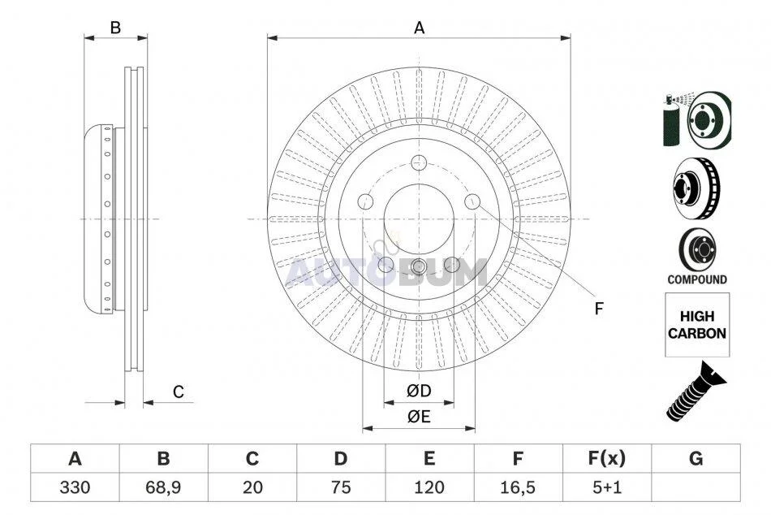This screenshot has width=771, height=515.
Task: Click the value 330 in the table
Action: (x=75, y=487)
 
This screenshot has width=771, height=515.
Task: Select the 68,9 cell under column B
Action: (x=163, y=487)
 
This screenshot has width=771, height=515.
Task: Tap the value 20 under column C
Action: (x=252, y=487)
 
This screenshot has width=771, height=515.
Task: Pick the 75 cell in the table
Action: (x=340, y=487)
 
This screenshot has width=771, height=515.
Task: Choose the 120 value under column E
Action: (x=429, y=487)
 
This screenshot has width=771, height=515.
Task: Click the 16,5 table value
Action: (x=518, y=487)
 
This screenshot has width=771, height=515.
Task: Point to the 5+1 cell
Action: (x=607, y=487)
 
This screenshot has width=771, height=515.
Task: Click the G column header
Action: (x=696, y=459)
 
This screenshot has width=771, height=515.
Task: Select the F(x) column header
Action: (x=607, y=459)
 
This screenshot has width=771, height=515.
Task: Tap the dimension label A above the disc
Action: (x=419, y=28)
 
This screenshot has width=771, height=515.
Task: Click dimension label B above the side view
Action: (x=115, y=28)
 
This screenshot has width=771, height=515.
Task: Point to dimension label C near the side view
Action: (x=178, y=392)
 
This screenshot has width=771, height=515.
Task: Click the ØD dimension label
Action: (x=419, y=391)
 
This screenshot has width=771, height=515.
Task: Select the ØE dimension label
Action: (x=419, y=417)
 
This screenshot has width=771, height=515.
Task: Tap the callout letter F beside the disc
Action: (x=598, y=309)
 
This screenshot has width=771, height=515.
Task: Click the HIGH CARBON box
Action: (x=697, y=324)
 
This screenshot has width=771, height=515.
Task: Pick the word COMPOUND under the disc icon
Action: (x=697, y=279)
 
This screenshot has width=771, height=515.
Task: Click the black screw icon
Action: (x=696, y=391)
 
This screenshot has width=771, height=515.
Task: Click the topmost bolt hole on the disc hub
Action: (x=419, y=161)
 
